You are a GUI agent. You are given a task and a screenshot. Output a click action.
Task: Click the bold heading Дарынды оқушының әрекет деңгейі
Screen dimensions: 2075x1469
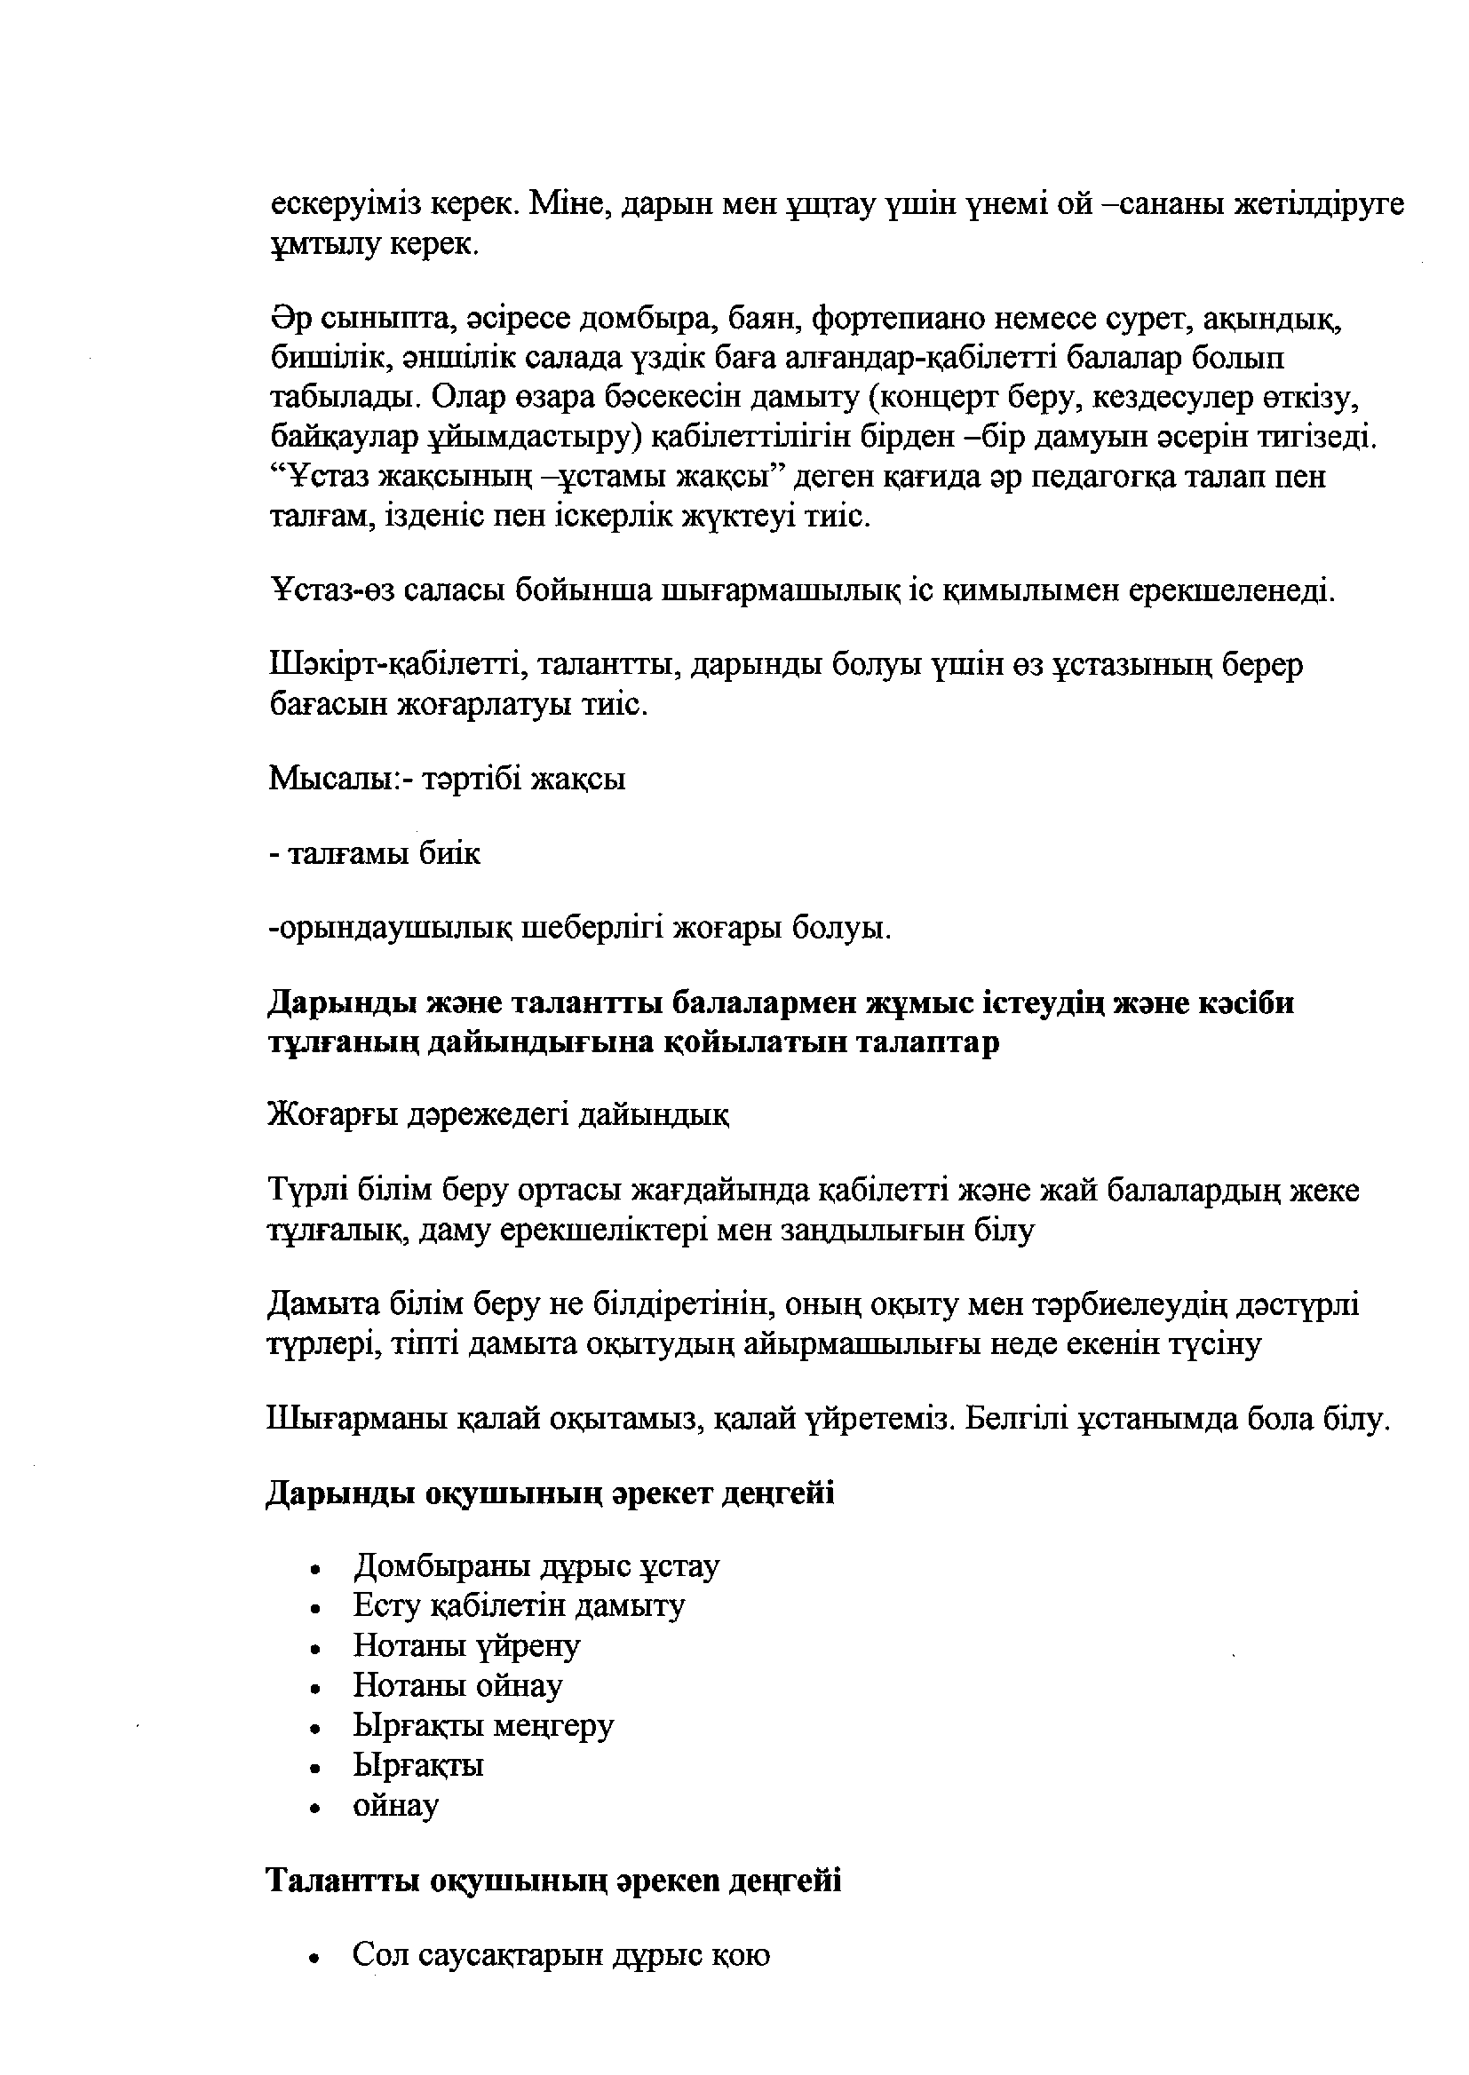550,1493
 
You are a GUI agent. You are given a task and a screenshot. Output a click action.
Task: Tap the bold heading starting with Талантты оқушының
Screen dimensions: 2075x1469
554,1881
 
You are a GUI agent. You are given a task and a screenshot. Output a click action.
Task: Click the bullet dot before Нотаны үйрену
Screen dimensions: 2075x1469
314,1649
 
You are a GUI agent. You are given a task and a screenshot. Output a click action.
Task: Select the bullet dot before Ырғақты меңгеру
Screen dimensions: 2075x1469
314,1729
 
